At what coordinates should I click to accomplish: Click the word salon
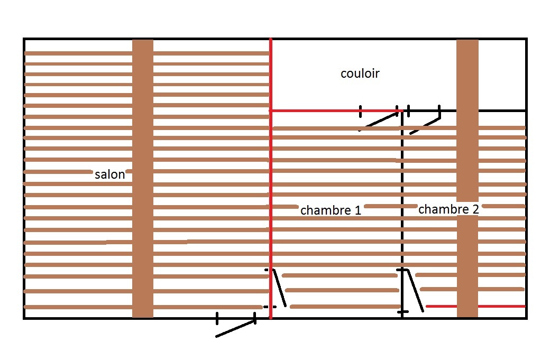(110, 174)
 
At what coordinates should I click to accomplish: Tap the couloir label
(360, 73)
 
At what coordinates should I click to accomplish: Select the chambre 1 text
(331, 210)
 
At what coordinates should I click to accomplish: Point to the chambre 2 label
(448, 209)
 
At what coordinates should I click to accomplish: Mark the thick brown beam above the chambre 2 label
(467, 116)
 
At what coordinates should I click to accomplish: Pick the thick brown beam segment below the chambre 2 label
(467, 264)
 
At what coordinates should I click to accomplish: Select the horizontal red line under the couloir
(333, 110)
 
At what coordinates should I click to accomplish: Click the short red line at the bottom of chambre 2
(476, 306)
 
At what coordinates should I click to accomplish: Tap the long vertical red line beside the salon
(271, 159)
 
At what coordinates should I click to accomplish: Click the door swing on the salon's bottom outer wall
(236, 328)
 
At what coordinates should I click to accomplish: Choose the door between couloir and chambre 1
(379, 120)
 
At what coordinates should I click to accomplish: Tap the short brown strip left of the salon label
(58, 172)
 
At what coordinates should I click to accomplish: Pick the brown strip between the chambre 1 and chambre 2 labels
(390, 206)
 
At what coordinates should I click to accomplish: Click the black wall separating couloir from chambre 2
(502, 110)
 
